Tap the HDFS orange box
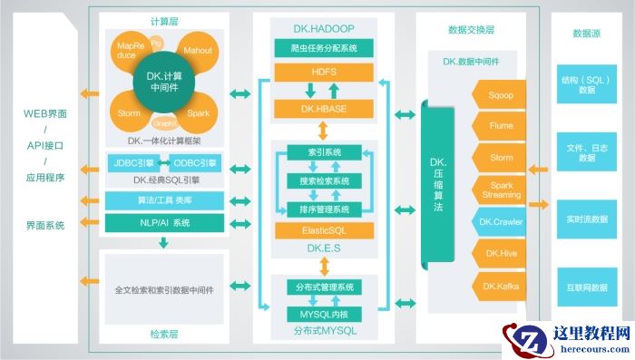tap(324, 71)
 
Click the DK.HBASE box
tap(324, 109)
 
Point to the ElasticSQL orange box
tap(324, 231)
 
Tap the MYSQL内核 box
tap(324, 314)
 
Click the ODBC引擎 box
tap(194, 163)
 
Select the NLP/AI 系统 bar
tap(163, 222)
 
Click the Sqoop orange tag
tap(500, 92)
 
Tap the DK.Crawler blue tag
tap(500, 221)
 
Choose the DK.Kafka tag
tap(500, 287)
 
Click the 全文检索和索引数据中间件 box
tap(164, 290)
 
